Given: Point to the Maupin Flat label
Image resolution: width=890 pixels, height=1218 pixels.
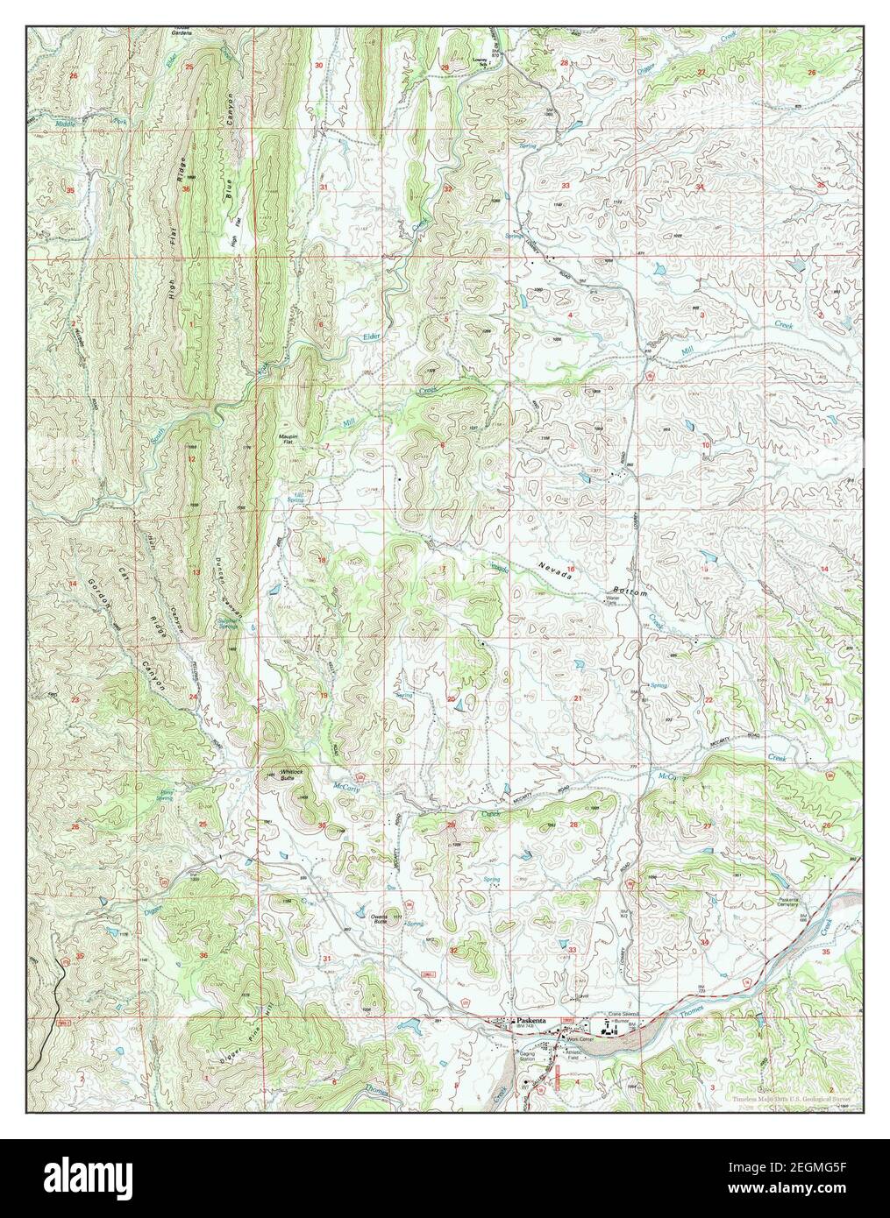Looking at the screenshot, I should [290, 435].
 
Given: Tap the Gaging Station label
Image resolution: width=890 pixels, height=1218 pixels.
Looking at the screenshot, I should [527, 1057].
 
